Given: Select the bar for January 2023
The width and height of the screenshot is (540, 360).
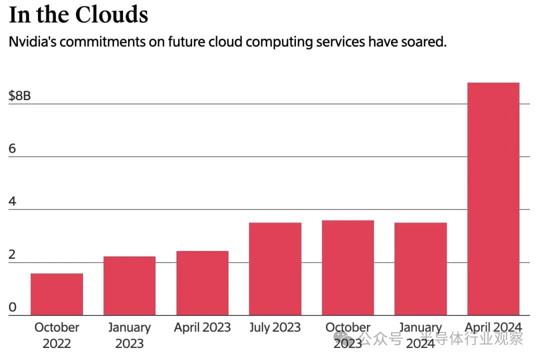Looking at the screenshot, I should [129, 285].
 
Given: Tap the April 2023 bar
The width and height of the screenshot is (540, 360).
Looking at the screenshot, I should [202, 283].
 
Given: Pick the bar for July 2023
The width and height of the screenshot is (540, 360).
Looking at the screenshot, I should [275, 268].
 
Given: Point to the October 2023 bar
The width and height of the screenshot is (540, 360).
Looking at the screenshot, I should [348, 267].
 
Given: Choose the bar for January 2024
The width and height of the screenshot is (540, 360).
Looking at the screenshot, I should [420, 268].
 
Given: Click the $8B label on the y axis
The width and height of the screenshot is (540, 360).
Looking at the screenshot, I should [19, 95].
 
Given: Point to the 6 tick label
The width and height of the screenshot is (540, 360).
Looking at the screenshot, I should [12, 148].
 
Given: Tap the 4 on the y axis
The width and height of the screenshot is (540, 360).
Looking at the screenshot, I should [12, 201].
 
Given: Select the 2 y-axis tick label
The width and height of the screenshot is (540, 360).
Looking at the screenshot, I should [12, 254].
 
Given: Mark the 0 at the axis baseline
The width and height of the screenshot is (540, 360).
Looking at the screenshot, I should [12, 307].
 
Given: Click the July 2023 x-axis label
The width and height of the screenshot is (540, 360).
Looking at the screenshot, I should [275, 327].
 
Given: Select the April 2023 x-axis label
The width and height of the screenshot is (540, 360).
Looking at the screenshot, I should [202, 327].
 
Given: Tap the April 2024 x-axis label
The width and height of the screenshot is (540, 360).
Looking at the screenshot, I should [493, 327].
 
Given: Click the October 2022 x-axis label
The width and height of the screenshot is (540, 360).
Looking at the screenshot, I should [56, 335].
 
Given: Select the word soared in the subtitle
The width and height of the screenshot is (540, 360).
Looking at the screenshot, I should [422, 41].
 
